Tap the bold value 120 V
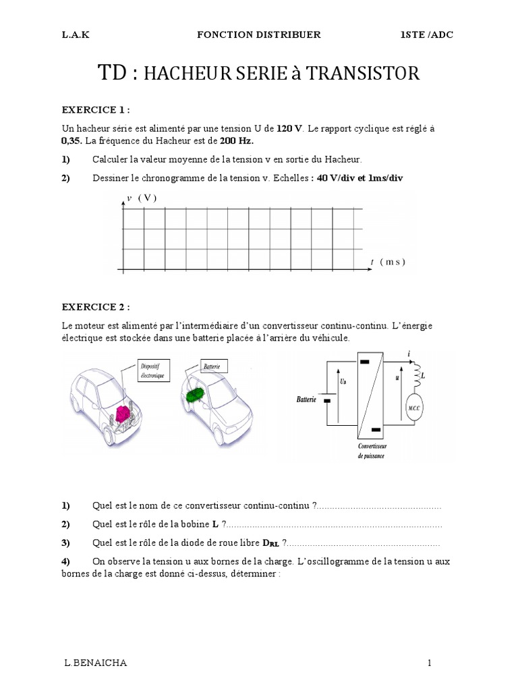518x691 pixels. [291, 128]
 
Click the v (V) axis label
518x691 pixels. [141, 198]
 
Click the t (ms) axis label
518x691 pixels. [388, 261]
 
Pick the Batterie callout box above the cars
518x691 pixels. [215, 366]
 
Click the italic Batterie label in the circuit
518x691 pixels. [306, 399]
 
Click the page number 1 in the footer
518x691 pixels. [429, 663]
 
